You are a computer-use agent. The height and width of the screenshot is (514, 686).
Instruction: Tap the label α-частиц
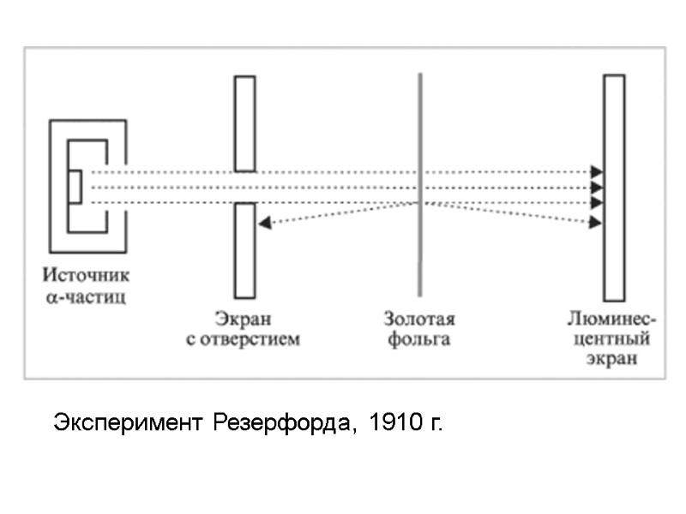coord(87,298)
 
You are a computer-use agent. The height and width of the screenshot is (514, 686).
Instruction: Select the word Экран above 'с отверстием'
coord(244,320)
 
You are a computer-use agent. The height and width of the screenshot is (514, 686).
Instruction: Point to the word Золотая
coord(418,320)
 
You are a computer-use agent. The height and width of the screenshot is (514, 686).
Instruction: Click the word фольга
coord(418,339)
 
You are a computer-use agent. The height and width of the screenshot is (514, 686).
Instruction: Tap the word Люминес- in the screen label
coord(612,320)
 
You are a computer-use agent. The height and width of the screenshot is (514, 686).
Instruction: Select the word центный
coord(612,339)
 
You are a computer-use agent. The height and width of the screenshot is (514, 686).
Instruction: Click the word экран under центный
coord(612,359)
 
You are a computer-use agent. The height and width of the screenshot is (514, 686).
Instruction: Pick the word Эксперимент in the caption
coord(129,423)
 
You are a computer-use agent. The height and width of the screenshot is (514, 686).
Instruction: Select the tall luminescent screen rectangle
coord(613,257)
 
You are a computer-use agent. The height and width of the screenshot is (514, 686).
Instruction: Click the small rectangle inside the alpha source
coord(75,187)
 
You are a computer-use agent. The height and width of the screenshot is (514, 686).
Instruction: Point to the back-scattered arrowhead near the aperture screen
coord(264,223)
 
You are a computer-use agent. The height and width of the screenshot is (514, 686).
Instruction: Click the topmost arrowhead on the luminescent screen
coord(597,172)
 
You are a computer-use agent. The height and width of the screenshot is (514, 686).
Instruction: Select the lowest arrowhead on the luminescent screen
coord(596,223)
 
